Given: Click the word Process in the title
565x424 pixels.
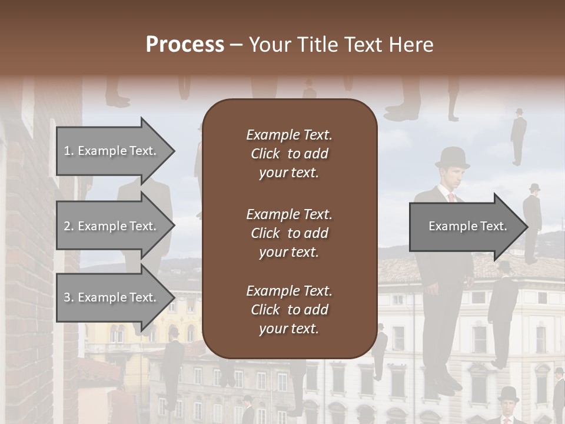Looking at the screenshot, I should (x=185, y=45).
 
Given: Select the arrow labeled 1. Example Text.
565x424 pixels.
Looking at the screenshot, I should (x=112, y=151).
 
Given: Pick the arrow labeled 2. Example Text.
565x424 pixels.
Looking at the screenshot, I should (x=112, y=226).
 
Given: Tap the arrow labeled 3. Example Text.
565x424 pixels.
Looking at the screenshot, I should (x=112, y=297).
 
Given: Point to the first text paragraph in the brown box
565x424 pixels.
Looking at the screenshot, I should (x=289, y=154).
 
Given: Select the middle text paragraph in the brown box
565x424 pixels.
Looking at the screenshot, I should (x=289, y=233).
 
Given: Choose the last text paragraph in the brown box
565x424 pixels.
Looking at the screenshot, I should (x=289, y=310).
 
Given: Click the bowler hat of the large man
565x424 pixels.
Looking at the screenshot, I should (x=452, y=158).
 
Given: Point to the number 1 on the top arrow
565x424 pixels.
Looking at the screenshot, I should (x=67, y=151).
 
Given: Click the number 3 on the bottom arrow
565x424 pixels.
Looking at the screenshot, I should (x=67, y=297).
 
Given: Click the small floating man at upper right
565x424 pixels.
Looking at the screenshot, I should (x=519, y=137).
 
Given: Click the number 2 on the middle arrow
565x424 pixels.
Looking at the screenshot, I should (x=67, y=226).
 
